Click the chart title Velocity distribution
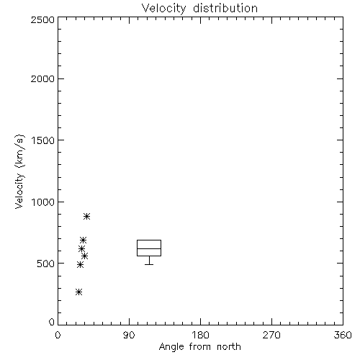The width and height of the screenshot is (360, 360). coord(199,9)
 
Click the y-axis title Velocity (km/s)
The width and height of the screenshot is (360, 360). coord(19,171)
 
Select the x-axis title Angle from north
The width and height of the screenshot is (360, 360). coord(199,347)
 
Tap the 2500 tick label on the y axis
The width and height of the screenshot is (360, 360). coord(42,19)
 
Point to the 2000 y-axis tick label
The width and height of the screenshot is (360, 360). coord(42,78)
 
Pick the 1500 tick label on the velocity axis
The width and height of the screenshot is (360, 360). coord(43,140)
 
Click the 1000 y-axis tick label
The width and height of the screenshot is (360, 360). coord(43,202)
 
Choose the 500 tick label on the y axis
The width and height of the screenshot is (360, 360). coord(46,264)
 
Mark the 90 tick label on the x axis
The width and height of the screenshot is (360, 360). coord(129,335)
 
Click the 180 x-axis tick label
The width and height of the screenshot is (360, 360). coord(200,335)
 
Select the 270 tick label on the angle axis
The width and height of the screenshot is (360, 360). coord(271,335)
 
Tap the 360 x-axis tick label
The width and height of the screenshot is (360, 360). coord(343,335)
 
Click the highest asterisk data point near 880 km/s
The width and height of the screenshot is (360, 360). coord(86,216)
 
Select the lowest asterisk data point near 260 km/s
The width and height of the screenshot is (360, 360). coord(78,292)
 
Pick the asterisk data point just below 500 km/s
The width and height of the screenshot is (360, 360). coord(80,264)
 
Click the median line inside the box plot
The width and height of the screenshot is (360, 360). coord(149,248)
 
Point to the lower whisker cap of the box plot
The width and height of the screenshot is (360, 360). coord(149,264)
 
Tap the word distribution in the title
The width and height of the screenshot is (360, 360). coord(225,9)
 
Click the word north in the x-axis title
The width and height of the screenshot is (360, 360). coord(229,347)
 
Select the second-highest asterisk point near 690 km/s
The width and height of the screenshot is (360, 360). coord(83,240)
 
